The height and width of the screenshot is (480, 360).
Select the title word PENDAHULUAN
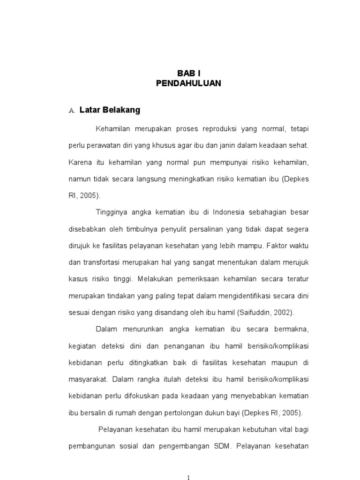pyautogui.click(x=188, y=83)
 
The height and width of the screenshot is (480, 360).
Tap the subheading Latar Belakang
pyautogui.click(x=110, y=111)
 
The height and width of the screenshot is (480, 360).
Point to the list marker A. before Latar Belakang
pyautogui.click(x=72, y=111)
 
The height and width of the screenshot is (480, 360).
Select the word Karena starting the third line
pyautogui.click(x=80, y=162)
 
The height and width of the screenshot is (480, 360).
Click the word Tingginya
pyautogui.click(x=112, y=212)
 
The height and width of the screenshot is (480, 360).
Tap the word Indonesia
pyautogui.click(x=228, y=212)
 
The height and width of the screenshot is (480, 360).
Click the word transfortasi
pyautogui.click(x=105, y=262)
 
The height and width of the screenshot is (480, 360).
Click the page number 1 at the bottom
pyautogui.click(x=188, y=477)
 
